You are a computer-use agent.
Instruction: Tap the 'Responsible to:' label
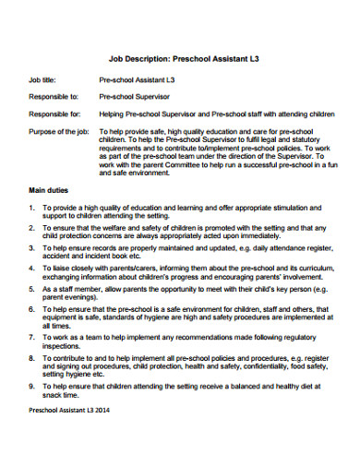coord(54,95)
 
